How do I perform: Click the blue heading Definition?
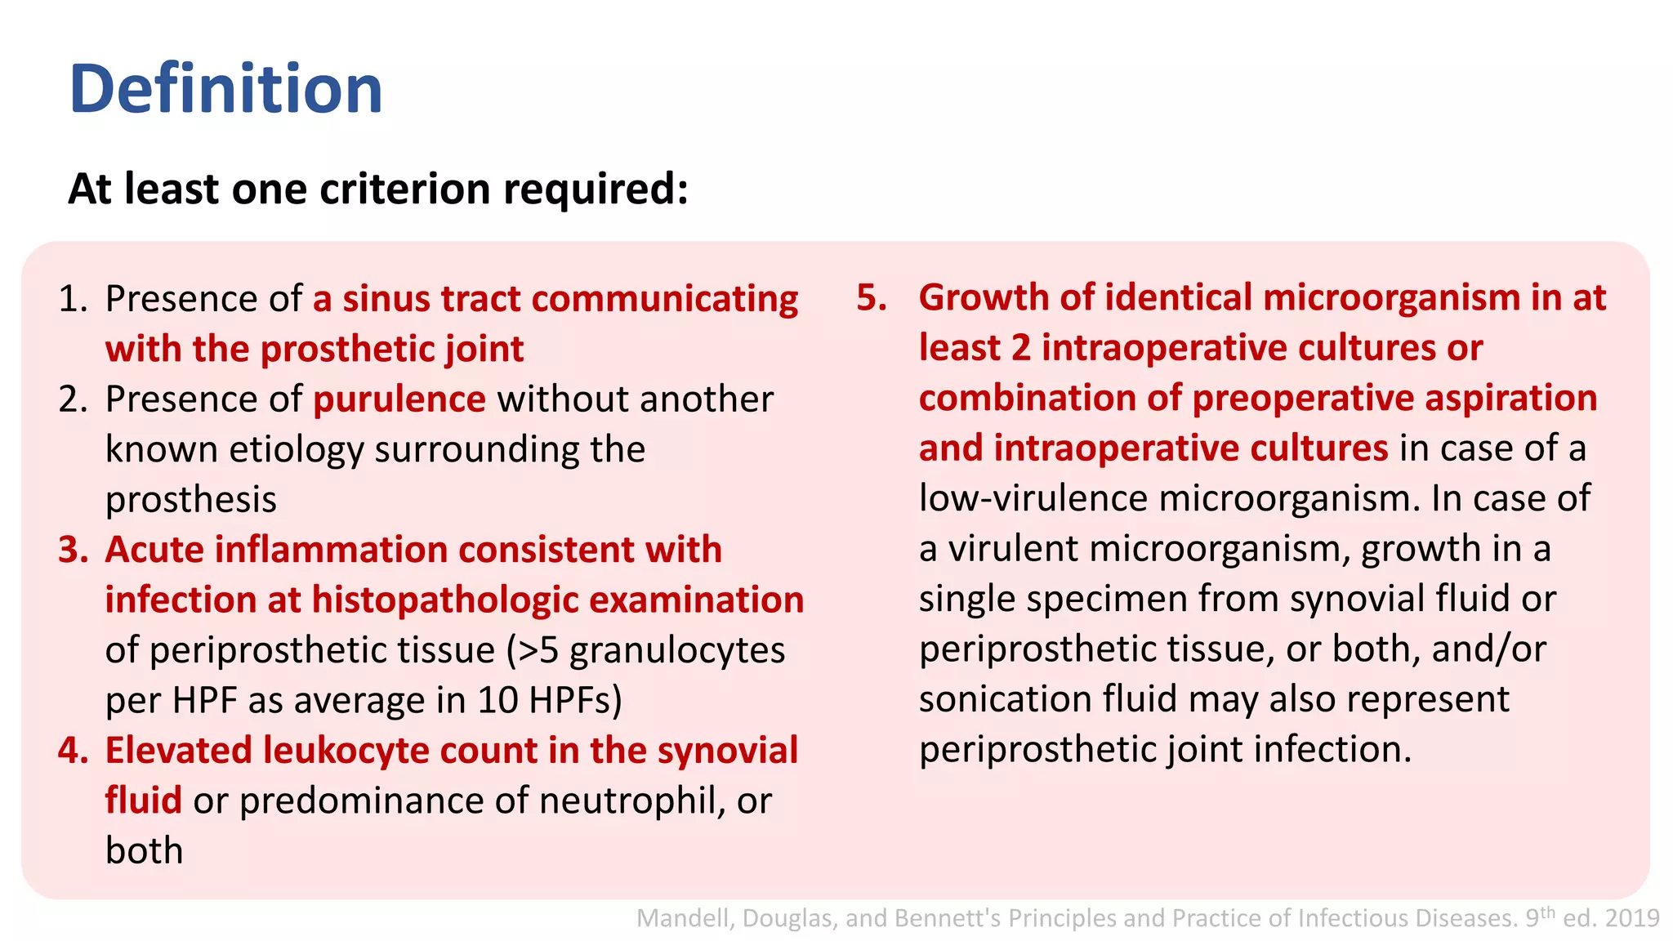pyautogui.click(x=226, y=89)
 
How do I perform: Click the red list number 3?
pyautogui.click(x=73, y=550)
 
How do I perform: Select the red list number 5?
pyautogui.click(x=871, y=297)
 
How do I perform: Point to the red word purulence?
pyautogui.click(x=399, y=399)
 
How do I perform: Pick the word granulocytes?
pyautogui.click(x=677, y=650)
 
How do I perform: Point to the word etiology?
pyautogui.click(x=297, y=450)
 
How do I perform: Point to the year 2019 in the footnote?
pyautogui.click(x=1631, y=919)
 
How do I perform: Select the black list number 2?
pyautogui.click(x=73, y=399)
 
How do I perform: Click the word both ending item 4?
pyautogui.click(x=144, y=851)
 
